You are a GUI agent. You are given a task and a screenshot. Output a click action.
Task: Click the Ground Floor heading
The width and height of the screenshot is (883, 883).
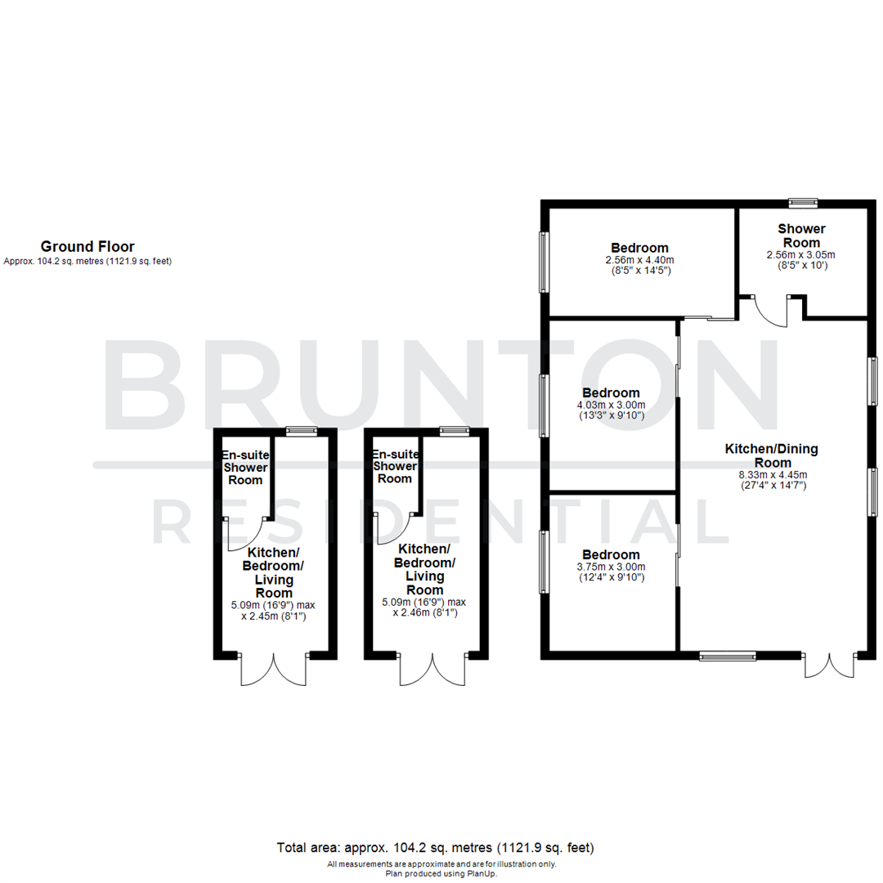[87, 246]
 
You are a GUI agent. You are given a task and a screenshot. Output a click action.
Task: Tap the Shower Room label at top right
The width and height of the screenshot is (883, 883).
[801, 235]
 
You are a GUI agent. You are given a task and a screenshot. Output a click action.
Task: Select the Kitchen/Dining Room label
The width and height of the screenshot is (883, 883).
[771, 455]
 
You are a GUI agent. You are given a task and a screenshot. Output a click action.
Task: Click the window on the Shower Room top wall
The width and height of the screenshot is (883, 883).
[803, 202]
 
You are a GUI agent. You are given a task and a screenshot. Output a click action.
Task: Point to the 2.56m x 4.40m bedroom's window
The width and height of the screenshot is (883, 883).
[543, 262]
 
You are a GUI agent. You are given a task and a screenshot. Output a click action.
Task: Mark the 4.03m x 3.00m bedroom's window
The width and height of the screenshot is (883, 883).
[543, 406]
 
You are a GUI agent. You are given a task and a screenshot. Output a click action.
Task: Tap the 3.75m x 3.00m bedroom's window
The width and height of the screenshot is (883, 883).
[543, 562]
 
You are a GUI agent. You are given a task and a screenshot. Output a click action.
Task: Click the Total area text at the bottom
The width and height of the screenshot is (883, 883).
[435, 847]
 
